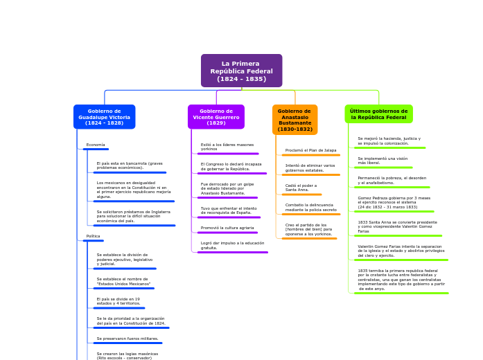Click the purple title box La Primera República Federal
click(241, 71)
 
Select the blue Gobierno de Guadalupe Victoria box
click(104, 117)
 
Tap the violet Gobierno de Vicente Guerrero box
click(216, 117)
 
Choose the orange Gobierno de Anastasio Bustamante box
click(295, 120)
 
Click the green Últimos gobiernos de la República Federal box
click(378, 114)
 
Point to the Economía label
click(96, 145)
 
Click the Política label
click(93, 236)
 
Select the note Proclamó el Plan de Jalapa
click(310, 150)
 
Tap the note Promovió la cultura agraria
click(227, 228)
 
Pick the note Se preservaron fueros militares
click(128, 339)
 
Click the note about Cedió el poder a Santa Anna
click(301, 188)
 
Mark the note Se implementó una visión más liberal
click(383, 161)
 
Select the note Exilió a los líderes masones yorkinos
click(227, 147)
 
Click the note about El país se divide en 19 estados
click(118, 301)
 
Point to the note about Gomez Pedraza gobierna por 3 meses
click(394, 202)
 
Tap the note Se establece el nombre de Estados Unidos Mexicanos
click(123, 282)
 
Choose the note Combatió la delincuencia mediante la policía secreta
click(310, 207)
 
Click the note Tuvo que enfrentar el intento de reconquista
click(228, 210)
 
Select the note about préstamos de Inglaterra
click(133, 216)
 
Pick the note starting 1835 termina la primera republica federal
click(401, 280)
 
